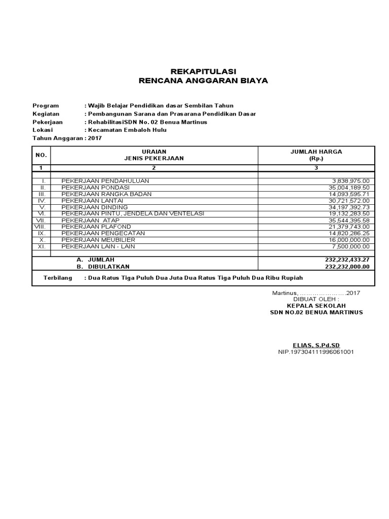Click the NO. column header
click(41, 155)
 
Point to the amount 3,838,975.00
click(351, 181)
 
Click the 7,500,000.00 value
click(351, 246)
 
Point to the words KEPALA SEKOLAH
click(316, 306)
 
